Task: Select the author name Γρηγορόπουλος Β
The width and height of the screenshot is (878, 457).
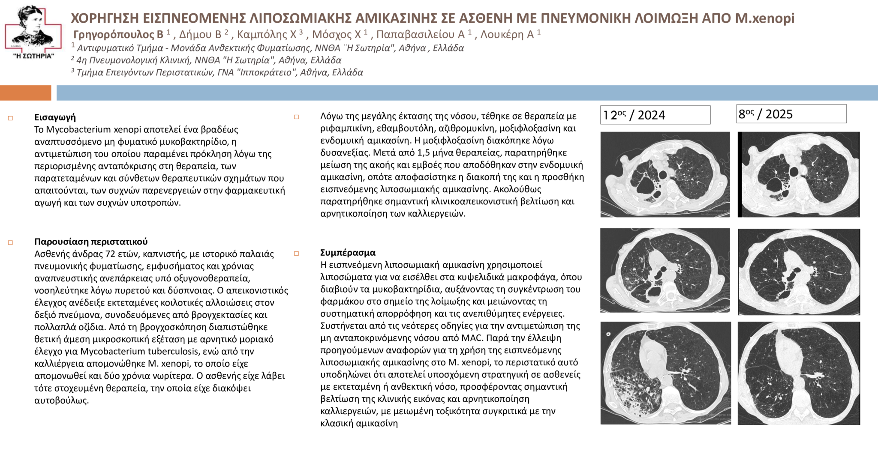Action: (x=118, y=34)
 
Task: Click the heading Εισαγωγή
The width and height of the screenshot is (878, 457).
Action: (x=55, y=117)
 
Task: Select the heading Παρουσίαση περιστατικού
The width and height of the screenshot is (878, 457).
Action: (x=91, y=242)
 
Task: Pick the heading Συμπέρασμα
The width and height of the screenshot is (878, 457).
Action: (x=348, y=253)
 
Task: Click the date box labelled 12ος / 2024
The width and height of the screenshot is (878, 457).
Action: (x=655, y=115)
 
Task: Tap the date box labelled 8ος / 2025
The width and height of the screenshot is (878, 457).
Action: (x=791, y=114)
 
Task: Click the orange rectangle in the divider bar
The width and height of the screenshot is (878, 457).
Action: (x=25, y=93)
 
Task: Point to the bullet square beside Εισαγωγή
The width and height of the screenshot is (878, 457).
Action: (x=11, y=118)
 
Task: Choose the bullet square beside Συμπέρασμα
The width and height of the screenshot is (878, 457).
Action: (x=296, y=254)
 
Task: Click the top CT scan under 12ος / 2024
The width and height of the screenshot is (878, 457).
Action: (x=665, y=174)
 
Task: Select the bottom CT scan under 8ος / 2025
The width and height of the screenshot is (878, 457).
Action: (x=798, y=373)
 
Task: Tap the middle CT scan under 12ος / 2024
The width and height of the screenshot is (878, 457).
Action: (x=665, y=270)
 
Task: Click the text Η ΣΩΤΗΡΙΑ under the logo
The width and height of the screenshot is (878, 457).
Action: (x=34, y=56)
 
